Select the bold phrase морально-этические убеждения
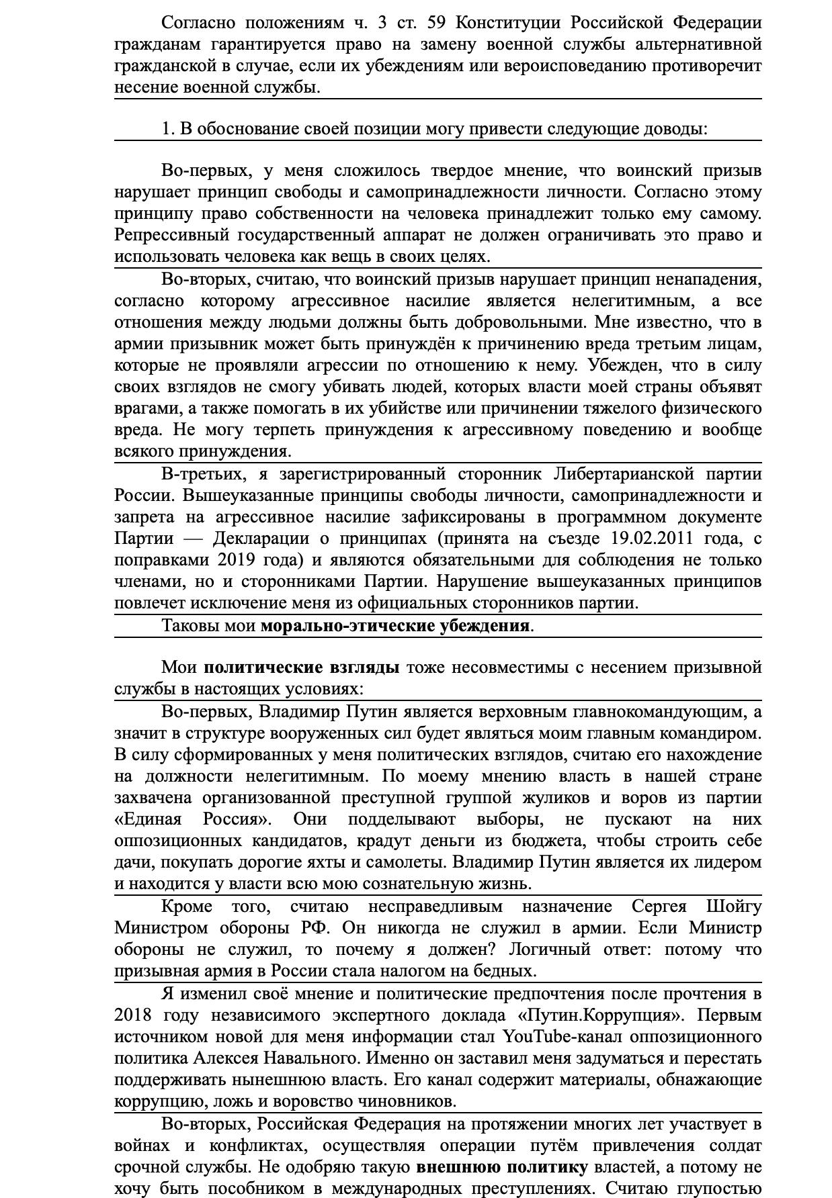395,627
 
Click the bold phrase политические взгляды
302,667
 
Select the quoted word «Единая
148,819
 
